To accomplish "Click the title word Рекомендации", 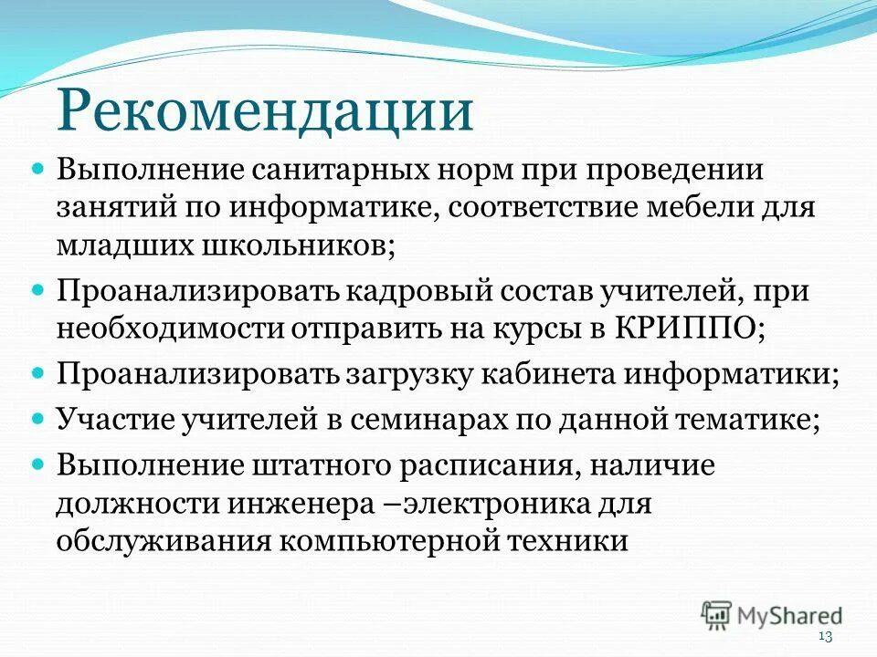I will [x=266, y=111].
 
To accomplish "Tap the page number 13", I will [x=826, y=636].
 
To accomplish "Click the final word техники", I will [x=571, y=539].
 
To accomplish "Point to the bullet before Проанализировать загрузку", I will [x=37, y=373].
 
